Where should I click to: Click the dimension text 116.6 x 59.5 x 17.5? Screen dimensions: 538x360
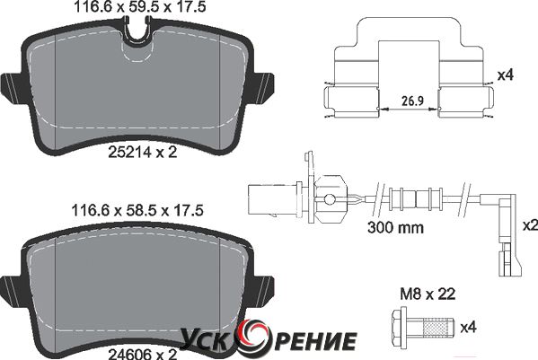pyautogui.click(x=140, y=6)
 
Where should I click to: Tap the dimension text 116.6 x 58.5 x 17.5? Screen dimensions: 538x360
pyautogui.click(x=137, y=210)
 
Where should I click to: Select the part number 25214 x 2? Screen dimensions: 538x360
pyautogui.click(x=143, y=152)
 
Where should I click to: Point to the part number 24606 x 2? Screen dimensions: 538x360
pyautogui.click(x=143, y=353)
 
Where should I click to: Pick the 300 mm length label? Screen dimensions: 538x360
pyautogui.click(x=395, y=227)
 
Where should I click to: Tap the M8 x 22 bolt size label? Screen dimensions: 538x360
pyautogui.click(x=428, y=294)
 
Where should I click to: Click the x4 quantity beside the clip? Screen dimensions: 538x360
pyautogui.click(x=505, y=75)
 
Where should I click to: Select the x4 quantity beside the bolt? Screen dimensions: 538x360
pyautogui.click(x=468, y=328)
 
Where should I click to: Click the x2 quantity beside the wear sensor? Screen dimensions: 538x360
pyautogui.click(x=530, y=225)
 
